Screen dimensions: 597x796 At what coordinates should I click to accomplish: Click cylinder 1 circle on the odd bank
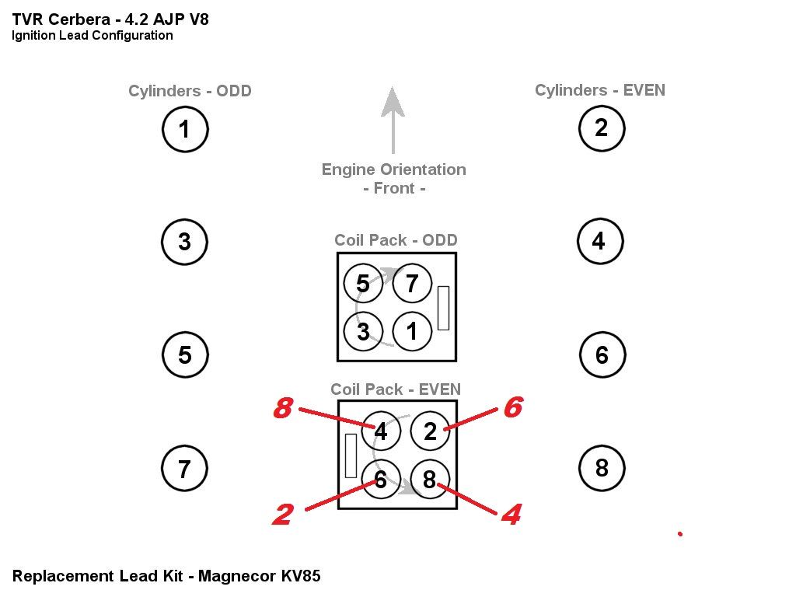pos(185,129)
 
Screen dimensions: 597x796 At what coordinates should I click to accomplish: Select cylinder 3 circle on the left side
pos(184,242)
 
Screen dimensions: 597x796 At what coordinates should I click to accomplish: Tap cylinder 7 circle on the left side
pos(184,469)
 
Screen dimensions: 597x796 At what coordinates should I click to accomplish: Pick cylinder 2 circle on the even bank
pos(601,128)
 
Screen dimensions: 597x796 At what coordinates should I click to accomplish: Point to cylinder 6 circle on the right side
pos(602,355)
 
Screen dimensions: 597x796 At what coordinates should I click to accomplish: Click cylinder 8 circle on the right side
pos(602,468)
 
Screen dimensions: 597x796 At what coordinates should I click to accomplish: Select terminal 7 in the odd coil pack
pos(412,284)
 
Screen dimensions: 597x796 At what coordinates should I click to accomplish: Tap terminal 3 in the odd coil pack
pos(363,332)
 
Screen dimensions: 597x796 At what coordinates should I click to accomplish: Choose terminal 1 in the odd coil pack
pos(412,332)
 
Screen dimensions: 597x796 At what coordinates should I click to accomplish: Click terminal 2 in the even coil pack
pos(430,431)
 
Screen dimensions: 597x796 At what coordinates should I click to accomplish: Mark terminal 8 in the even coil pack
pos(430,480)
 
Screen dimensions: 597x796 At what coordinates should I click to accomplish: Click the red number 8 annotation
pos(284,408)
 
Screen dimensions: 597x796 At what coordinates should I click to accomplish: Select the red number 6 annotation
pos(512,407)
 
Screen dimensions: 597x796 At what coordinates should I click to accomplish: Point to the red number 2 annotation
pos(282,514)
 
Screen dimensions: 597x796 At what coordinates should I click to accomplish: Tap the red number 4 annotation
pos(510,514)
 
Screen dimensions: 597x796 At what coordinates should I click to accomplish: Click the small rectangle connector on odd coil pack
pos(443,307)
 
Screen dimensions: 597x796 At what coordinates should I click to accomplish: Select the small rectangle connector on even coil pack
pos(351,456)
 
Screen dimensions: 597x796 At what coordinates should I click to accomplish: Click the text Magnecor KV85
pos(259,576)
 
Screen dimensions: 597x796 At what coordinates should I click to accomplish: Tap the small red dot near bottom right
pos(680,534)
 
